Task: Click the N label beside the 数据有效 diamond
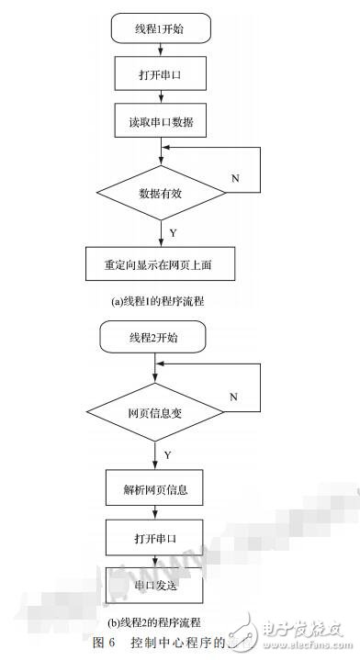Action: (x=236, y=177)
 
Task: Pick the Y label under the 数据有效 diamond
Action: (x=174, y=233)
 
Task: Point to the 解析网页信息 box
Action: (x=153, y=488)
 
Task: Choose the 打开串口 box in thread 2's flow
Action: (x=153, y=535)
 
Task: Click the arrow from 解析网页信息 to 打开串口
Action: (x=153, y=511)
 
